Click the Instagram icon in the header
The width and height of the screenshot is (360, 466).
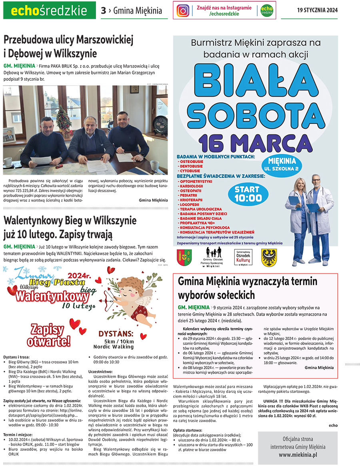point(183,11)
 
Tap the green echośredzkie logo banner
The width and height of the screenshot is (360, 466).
point(49,11)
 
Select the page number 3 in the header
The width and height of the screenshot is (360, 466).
point(103,11)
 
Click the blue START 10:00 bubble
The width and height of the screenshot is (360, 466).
point(248,193)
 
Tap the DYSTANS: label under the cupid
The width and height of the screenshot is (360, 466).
point(116,334)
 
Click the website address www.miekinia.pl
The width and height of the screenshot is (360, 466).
point(298,454)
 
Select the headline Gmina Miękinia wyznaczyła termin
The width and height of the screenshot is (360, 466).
point(248,282)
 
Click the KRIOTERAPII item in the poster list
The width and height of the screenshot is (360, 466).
point(192,199)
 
